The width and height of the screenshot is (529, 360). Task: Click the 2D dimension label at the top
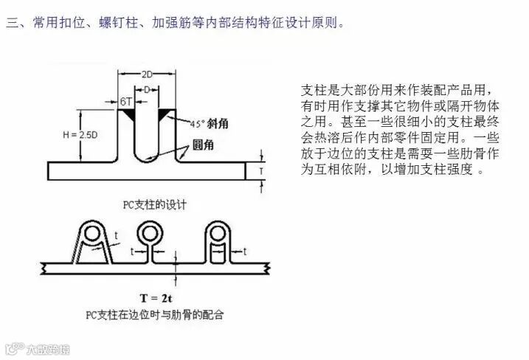pos(146,75)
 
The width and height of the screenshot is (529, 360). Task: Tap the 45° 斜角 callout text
pos(207,124)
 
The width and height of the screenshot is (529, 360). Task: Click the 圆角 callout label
pos(203,145)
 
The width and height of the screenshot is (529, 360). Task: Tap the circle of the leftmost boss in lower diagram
pos(93,235)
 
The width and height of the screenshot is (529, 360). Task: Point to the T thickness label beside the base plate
pos(260,170)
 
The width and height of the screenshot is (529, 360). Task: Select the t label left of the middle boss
pos(132,252)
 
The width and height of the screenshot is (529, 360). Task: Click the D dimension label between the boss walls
pos(146,89)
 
